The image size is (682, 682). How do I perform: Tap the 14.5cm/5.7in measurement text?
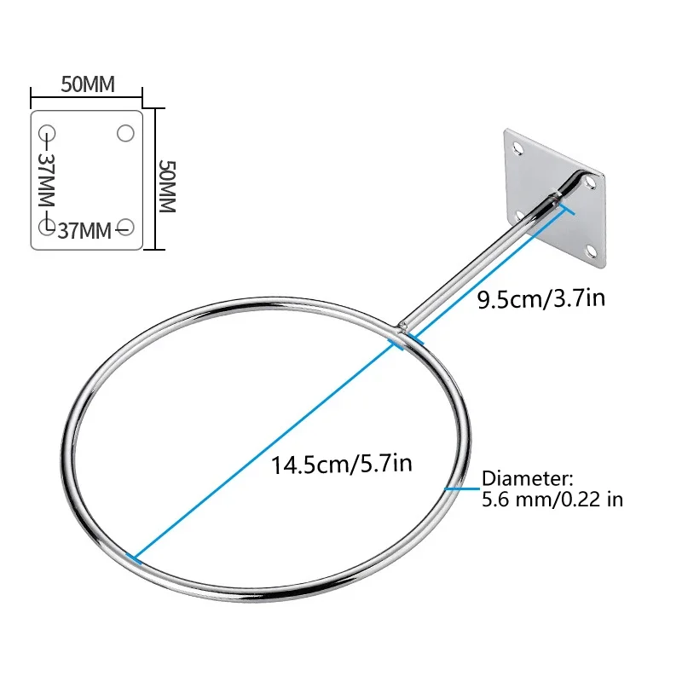coord(342,465)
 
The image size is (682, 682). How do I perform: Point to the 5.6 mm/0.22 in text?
coord(552,499)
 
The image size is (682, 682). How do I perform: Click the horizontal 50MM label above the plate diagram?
coord(87,84)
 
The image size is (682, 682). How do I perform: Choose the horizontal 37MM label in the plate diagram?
coord(86,228)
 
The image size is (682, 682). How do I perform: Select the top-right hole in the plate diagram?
coord(125,133)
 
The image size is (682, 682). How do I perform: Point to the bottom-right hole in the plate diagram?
coord(125,227)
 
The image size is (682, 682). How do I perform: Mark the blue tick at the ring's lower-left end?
coord(135,558)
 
